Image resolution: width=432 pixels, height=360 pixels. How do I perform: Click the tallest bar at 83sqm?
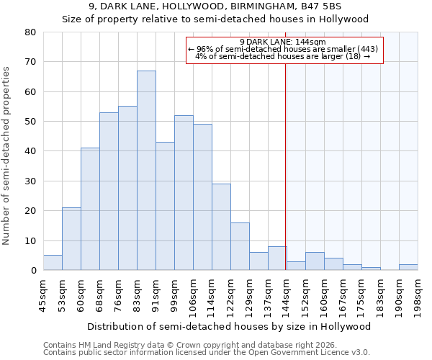pyautogui.click(x=146, y=171)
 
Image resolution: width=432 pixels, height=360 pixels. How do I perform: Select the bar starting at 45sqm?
pyautogui.click(x=53, y=263)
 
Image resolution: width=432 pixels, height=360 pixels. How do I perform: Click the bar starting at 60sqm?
pyautogui.click(x=90, y=209)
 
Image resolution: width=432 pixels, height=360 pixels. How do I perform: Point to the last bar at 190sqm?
pyautogui.click(x=408, y=267)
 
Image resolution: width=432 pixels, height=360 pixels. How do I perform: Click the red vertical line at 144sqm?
pyautogui.click(x=286, y=158)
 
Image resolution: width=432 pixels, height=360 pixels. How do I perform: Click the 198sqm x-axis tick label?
pyautogui.click(x=418, y=295)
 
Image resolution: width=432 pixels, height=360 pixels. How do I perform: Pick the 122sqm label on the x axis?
pyautogui.click(x=231, y=295)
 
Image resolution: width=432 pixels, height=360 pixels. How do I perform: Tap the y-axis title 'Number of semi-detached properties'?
pyautogui.click(x=7, y=155)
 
